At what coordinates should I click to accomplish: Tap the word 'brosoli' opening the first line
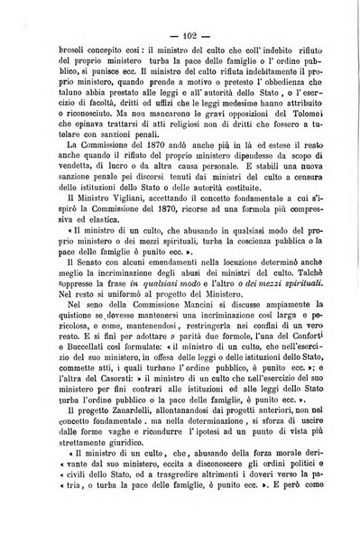coord(50,51)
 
